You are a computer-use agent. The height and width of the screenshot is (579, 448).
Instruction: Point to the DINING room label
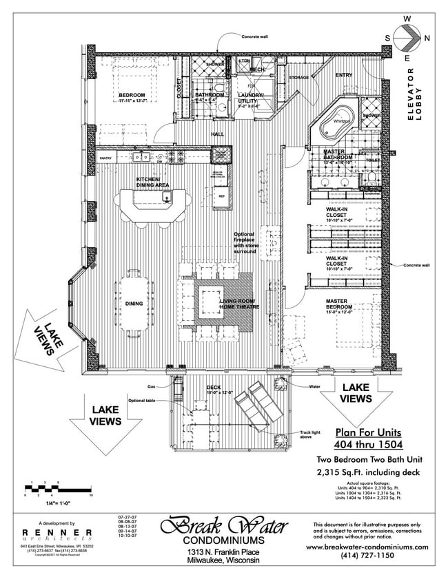tap(134, 304)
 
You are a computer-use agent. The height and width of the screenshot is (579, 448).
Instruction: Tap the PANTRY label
tap(105, 158)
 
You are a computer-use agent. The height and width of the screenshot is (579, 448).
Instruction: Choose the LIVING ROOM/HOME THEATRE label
tap(238, 305)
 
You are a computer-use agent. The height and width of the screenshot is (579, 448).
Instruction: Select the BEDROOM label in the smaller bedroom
tap(132, 98)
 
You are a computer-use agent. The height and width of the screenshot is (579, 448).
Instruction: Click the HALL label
tap(217, 134)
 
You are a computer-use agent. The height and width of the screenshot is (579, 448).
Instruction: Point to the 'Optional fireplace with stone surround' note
tap(245, 243)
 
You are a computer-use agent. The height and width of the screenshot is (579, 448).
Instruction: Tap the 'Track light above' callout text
tap(309, 434)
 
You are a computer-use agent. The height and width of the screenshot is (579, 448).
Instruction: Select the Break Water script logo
tap(223, 527)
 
